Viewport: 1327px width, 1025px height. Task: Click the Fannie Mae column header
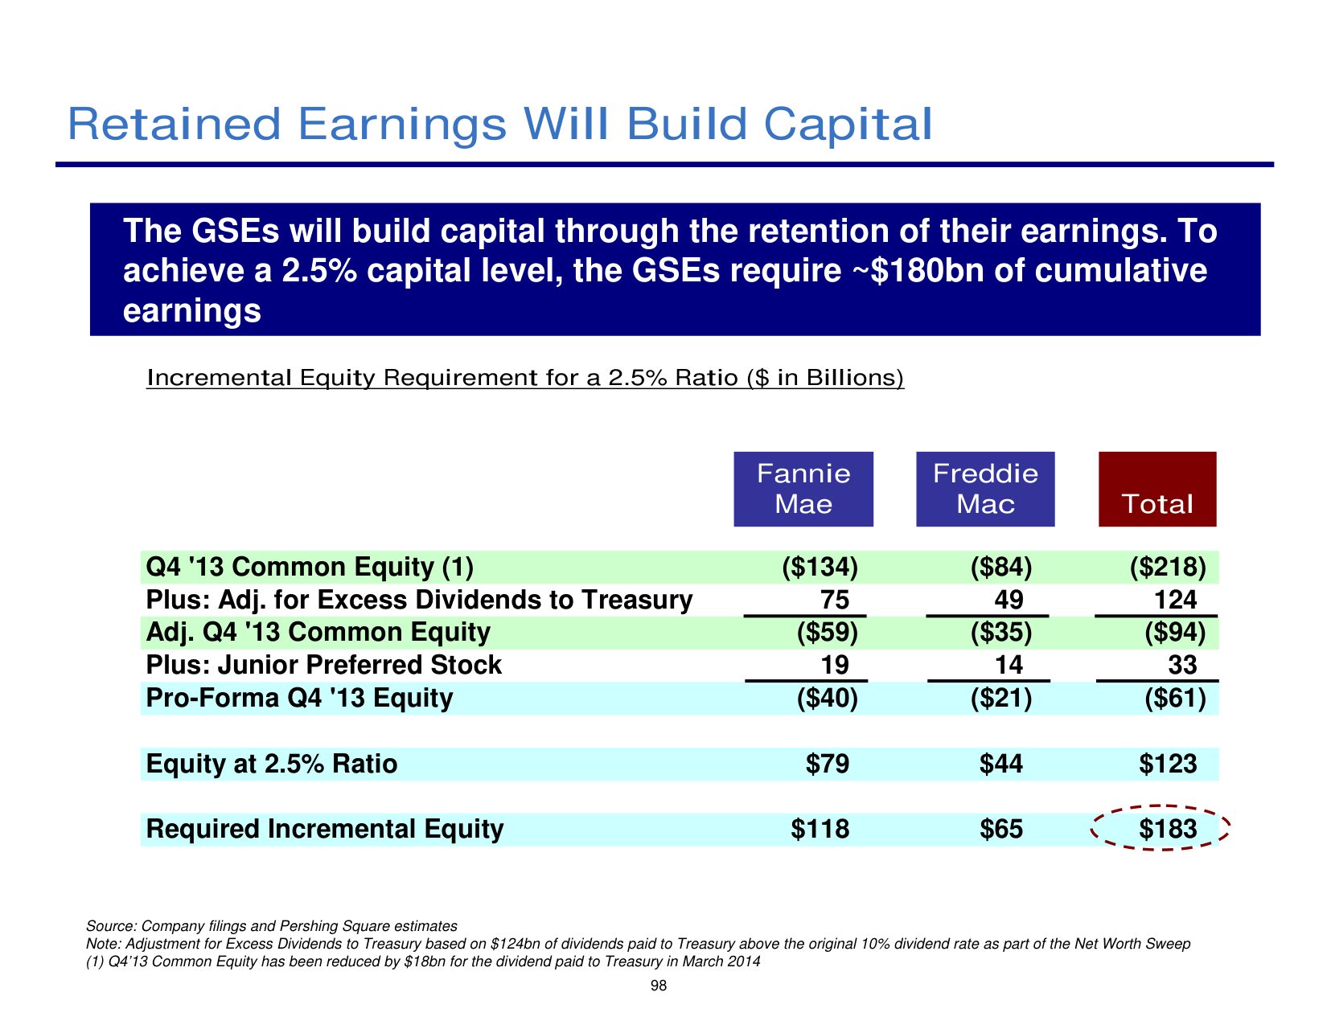point(803,489)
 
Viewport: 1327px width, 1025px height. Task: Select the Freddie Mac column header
point(985,489)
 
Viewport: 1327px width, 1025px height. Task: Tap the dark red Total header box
point(1157,489)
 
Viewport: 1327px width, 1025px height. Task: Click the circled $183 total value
point(1168,829)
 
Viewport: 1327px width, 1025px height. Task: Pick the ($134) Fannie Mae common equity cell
point(820,568)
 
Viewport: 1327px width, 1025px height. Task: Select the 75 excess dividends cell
point(828,601)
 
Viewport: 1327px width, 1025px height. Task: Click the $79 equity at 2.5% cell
point(827,764)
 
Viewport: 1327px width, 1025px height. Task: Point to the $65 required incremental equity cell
point(1001,829)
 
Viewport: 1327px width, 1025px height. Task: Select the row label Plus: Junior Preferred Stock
point(323,666)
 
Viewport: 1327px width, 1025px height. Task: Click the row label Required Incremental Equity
point(325,829)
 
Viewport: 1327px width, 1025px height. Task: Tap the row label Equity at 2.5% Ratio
point(272,764)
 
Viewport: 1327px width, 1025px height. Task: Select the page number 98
point(658,986)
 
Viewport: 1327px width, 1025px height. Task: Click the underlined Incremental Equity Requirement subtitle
point(524,378)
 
